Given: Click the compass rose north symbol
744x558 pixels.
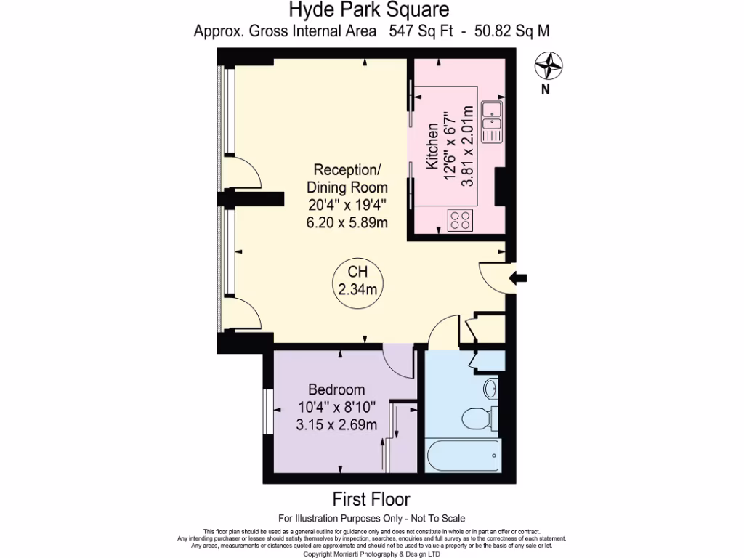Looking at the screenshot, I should (x=549, y=67).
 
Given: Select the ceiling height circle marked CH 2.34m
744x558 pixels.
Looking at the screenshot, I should (x=357, y=281).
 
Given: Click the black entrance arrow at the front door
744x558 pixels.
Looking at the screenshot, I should (x=519, y=278).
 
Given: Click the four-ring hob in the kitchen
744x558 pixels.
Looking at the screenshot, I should (x=461, y=219).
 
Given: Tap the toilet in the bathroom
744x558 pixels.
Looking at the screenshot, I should (x=479, y=418).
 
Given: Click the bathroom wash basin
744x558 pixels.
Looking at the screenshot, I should (x=490, y=388).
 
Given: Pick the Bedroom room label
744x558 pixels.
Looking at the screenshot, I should (x=336, y=389).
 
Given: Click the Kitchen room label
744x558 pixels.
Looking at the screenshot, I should (x=433, y=147).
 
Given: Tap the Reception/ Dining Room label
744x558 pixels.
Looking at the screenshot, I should (x=347, y=179).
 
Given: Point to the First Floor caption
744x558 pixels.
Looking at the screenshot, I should (x=371, y=499).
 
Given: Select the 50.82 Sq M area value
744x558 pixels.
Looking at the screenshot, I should (x=511, y=31).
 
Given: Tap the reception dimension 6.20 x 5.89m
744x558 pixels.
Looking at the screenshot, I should (x=347, y=222).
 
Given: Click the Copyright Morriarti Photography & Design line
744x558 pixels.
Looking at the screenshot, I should (x=371, y=554).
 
